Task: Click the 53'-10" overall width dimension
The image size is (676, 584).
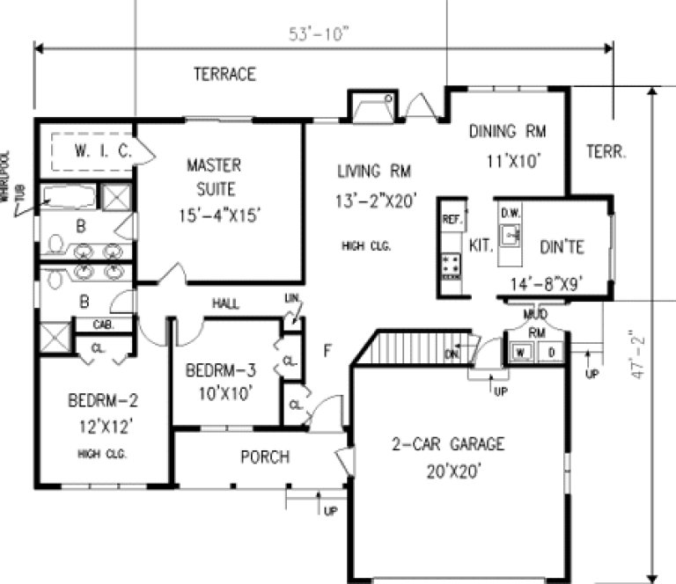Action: coord(320,34)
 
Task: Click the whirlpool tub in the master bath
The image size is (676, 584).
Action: coord(69,197)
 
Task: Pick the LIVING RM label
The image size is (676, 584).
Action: coord(373,171)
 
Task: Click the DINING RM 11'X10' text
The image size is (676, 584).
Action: coord(507,146)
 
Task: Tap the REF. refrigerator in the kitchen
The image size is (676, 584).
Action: coord(452,217)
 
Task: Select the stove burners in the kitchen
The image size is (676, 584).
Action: coord(452,263)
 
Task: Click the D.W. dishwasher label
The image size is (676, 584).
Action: coord(510,213)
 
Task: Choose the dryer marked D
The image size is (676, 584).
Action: coord(551,353)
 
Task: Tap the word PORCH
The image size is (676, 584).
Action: coord(266,457)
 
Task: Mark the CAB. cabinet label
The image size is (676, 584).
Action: coord(104,325)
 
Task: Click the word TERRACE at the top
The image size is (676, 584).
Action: coord(224,75)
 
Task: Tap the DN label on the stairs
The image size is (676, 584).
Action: coord(452,354)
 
